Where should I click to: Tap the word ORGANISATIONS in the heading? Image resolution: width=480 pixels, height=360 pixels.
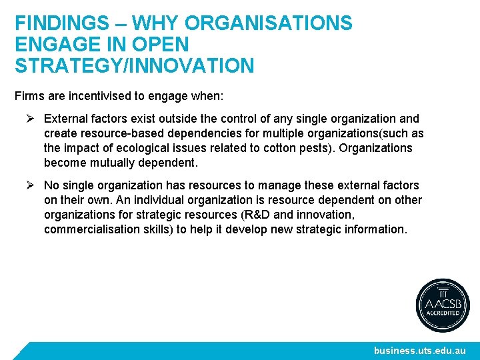tap(269, 23)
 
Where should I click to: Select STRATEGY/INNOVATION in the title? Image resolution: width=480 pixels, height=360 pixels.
tap(134, 66)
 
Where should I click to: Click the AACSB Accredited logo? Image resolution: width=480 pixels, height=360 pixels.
tap(443, 305)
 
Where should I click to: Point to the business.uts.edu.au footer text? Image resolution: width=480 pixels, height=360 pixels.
tap(420, 350)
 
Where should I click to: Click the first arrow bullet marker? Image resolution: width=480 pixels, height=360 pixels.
tap(29, 119)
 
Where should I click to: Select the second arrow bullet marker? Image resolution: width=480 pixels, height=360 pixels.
tap(29, 185)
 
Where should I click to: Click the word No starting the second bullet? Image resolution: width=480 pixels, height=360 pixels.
tap(52, 185)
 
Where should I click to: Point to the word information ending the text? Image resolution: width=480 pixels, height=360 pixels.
tap(374, 229)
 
